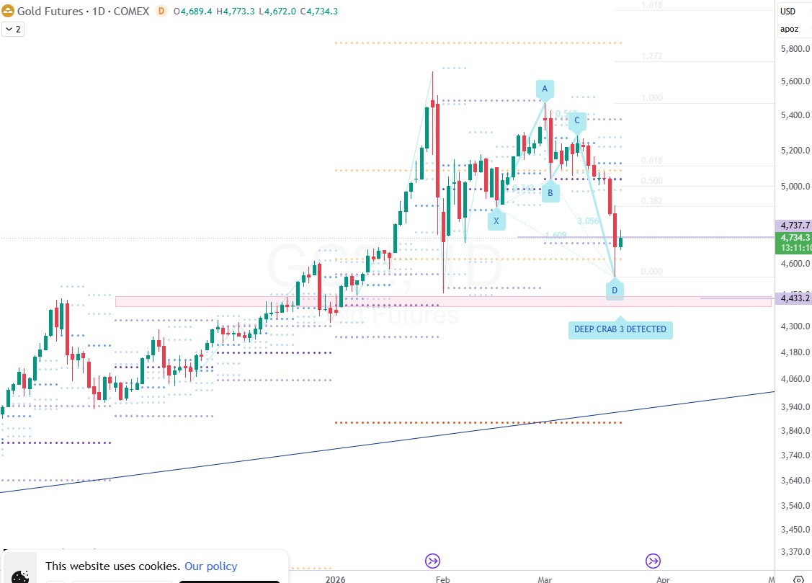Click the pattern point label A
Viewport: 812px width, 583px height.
point(545,89)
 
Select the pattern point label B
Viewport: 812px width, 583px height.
point(550,192)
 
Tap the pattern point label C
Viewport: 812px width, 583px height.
point(577,121)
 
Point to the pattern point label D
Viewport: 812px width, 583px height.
point(615,290)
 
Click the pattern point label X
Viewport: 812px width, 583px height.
point(496,221)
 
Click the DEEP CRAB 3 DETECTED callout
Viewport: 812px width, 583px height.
point(620,330)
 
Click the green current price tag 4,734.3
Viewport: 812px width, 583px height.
point(795,237)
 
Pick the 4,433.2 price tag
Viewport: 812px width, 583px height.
point(795,298)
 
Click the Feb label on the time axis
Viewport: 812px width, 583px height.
point(442,579)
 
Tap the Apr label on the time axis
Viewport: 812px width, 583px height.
point(663,579)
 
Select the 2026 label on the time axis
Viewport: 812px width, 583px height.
point(335,579)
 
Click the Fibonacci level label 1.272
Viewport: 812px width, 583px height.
point(651,56)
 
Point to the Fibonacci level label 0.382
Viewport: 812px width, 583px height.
point(651,201)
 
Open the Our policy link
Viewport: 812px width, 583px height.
point(210,566)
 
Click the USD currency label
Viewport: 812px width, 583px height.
point(788,11)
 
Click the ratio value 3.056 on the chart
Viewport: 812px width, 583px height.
point(588,221)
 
